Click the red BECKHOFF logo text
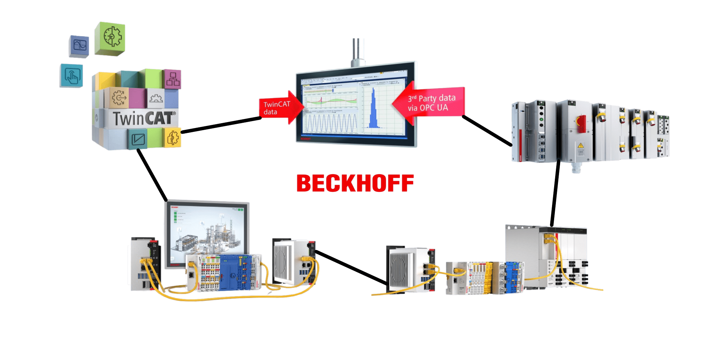[x=355, y=183]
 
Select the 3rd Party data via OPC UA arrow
[x=431, y=103]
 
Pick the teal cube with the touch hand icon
[x=72, y=75]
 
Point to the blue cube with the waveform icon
[x=79, y=46]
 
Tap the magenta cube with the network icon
[x=172, y=79]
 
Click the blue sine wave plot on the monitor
[x=331, y=123]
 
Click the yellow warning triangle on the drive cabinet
[x=580, y=145]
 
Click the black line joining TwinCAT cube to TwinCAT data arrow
[x=221, y=125]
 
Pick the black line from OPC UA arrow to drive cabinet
[x=487, y=131]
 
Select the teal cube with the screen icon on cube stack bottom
[x=138, y=139]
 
